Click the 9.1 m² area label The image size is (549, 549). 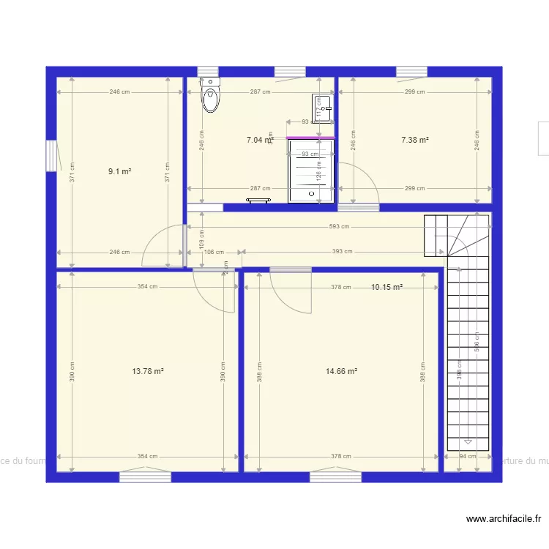(x=119, y=171)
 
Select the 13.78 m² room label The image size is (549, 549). (x=147, y=371)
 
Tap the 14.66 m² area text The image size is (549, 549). (x=341, y=371)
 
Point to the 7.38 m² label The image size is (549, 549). (x=414, y=140)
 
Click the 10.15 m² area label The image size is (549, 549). (x=386, y=288)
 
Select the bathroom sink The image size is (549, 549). (x=322, y=107)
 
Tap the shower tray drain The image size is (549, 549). (x=313, y=195)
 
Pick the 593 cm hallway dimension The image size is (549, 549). (x=338, y=227)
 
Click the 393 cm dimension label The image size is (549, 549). (x=342, y=252)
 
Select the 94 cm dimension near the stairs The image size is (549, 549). (x=466, y=456)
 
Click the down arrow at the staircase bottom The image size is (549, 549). (x=468, y=442)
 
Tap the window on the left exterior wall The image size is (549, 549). (x=51, y=156)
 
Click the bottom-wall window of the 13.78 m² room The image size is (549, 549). (x=145, y=477)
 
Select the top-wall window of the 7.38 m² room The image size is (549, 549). (x=411, y=72)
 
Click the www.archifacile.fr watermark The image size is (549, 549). (x=504, y=519)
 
